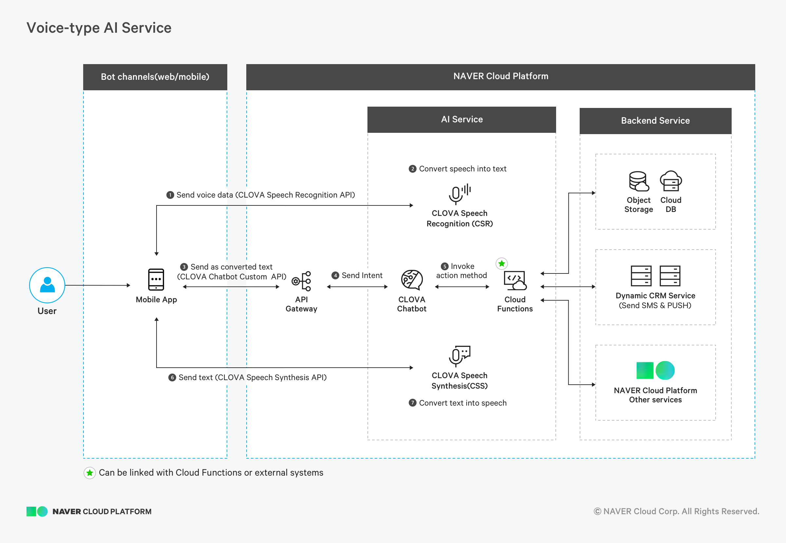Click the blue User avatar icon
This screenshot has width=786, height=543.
[x=47, y=285]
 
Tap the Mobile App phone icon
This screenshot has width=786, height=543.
[x=156, y=279]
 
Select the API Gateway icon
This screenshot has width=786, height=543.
[x=301, y=281]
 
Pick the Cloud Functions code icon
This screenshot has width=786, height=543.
[x=515, y=280]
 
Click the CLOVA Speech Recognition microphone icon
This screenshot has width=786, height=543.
[x=460, y=194]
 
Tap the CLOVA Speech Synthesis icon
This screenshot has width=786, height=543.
[x=459, y=356]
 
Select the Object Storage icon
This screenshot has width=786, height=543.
[x=639, y=181]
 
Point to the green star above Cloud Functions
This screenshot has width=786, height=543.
[x=502, y=263]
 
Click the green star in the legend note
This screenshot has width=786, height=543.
[x=89, y=473]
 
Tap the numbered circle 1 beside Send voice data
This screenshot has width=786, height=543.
[x=170, y=195]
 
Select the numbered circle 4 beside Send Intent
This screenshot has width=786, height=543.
[x=335, y=275]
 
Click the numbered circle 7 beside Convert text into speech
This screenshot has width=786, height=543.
[x=412, y=403]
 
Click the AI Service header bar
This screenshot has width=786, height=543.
[x=461, y=119]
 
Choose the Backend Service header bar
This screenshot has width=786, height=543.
[x=655, y=121]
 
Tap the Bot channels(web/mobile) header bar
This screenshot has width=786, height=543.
[x=155, y=77]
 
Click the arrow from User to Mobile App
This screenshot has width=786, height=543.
[x=98, y=285]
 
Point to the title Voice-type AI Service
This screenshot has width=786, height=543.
[x=99, y=28]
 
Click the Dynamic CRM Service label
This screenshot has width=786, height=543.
[x=655, y=295]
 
